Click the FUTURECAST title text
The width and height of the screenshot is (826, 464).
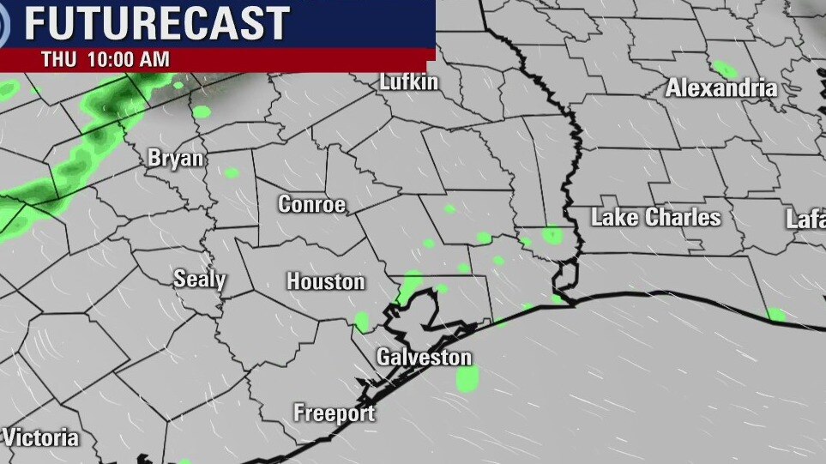[156, 23]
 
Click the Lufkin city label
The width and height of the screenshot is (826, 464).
[409, 82]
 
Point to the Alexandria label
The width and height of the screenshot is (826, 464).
[721, 87]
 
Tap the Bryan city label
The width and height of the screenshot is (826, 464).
[176, 159]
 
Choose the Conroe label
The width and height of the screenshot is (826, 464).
[311, 204]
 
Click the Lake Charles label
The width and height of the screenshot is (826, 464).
[656, 217]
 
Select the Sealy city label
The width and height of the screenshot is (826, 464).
[199, 279]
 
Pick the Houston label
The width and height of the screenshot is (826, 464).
[325, 281]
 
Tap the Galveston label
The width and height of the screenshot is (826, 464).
[425, 357]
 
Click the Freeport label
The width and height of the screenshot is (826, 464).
[334, 413]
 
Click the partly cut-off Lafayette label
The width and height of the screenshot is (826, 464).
[805, 220]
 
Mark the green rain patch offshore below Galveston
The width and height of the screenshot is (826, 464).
[467, 377]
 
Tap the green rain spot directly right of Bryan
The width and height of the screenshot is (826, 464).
[231, 172]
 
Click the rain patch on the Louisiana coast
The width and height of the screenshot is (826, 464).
[775, 315]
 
